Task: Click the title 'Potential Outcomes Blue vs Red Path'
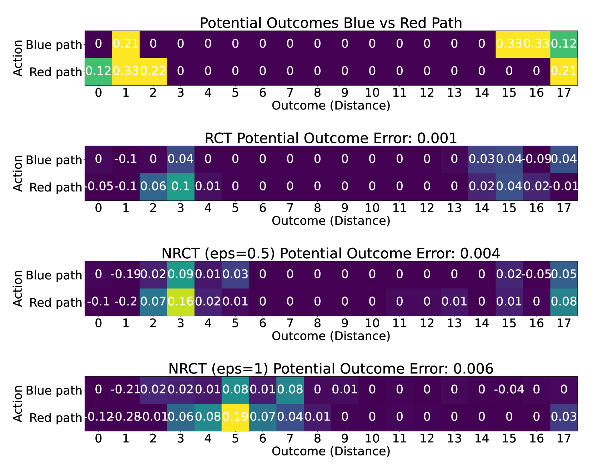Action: pos(331,23)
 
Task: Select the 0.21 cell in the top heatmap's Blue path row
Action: pos(126,44)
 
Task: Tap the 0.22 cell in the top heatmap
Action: pos(153,71)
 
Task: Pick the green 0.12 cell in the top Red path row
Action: pos(99,71)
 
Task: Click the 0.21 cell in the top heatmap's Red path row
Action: pos(564,71)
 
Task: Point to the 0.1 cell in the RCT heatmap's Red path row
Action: pos(181,187)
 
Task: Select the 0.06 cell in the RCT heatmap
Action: pos(153,187)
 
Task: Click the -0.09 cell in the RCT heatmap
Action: pos(536,159)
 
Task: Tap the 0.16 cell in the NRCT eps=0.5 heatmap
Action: pos(181,302)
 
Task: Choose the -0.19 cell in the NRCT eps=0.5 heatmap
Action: pos(126,275)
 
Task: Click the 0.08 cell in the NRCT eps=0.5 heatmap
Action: pos(564,302)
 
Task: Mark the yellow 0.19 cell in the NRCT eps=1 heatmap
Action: pos(235,417)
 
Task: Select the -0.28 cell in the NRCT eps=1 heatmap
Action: pos(126,417)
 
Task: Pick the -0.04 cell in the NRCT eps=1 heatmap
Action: pos(509,390)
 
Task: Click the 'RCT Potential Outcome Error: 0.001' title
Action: pos(331,138)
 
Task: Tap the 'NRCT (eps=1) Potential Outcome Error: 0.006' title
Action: pos(331,369)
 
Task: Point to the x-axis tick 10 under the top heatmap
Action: pos(372,93)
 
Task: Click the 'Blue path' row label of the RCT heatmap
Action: pos(54,160)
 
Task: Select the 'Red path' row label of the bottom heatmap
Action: pos(56,418)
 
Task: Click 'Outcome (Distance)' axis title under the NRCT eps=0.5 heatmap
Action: pos(331,336)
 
